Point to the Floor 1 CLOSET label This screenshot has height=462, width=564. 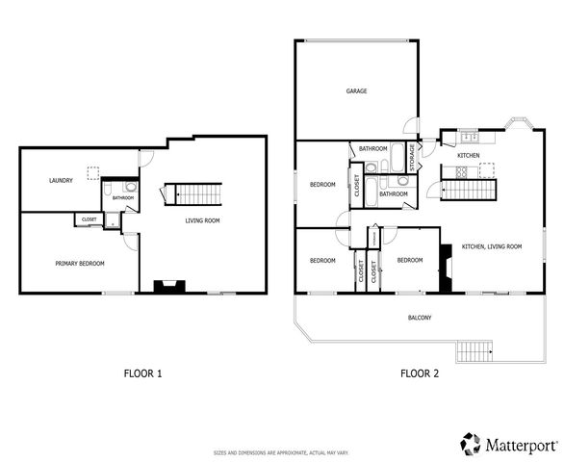click(89, 219)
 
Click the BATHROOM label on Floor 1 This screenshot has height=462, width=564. click(122, 198)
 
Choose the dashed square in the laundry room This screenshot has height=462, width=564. click(94, 172)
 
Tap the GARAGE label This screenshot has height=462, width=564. click(357, 91)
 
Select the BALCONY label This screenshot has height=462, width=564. click(420, 318)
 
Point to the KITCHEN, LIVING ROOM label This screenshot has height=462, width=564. click(491, 247)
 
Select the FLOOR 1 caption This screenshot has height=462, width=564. click(142, 373)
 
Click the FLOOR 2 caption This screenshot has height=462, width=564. click(420, 373)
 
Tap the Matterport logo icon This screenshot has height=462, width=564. click(470, 444)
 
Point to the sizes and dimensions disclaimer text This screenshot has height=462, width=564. click(281, 452)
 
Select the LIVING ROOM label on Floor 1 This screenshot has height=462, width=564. click(203, 220)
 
